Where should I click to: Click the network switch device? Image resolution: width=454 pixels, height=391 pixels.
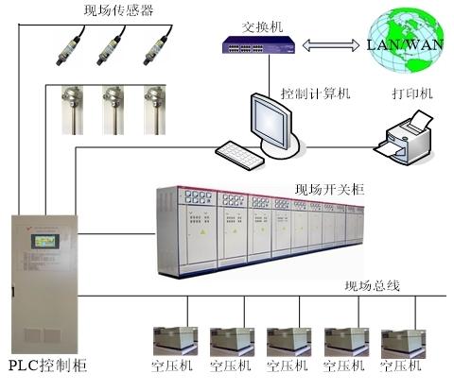(258, 45)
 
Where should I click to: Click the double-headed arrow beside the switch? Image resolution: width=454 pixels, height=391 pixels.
(331, 45)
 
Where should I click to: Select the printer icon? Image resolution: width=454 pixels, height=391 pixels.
(404, 138)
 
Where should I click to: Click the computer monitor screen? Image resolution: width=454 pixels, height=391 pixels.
(271, 122)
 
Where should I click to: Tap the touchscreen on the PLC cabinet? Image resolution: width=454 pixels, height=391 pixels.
(45, 242)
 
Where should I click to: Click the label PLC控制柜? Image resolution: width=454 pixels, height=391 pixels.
(47, 365)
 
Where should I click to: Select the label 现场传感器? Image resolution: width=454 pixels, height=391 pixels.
(119, 10)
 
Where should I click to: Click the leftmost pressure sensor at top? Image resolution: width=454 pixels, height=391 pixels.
(70, 46)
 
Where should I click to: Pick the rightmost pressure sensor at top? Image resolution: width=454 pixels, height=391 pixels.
(158, 46)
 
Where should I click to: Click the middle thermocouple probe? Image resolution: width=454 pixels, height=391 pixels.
(113, 110)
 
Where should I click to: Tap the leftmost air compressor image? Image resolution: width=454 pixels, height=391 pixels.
(175, 342)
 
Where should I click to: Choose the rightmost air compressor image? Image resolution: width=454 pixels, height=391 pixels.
(403, 344)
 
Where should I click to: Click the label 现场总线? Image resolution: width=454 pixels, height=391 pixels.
(373, 286)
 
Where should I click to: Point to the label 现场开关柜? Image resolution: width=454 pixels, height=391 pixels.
(330, 190)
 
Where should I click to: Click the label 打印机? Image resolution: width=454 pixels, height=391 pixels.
(412, 93)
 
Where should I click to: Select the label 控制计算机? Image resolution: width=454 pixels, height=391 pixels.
(315, 93)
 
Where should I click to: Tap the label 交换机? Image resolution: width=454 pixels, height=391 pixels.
(262, 27)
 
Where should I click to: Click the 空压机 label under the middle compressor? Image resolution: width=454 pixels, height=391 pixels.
(288, 365)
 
